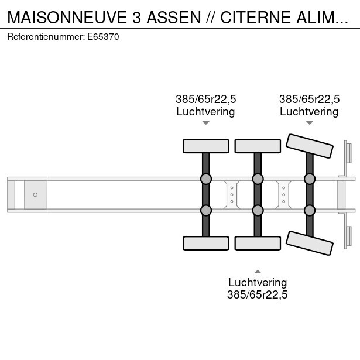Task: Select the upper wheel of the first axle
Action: click(x=205, y=146)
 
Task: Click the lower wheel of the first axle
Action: click(x=205, y=242)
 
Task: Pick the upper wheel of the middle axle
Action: click(x=258, y=146)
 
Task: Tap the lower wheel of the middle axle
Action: click(x=258, y=242)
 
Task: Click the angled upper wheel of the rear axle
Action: click(x=309, y=144)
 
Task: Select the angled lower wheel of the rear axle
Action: click(x=309, y=244)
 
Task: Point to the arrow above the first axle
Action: click(x=205, y=123)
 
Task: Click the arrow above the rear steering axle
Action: click(x=309, y=123)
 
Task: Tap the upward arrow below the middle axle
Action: click(x=258, y=271)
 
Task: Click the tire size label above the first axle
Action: click(x=205, y=99)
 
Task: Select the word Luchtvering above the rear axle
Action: click(x=309, y=111)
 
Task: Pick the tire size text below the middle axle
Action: click(x=258, y=295)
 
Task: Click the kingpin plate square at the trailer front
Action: click(x=35, y=194)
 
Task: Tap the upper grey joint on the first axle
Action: click(x=205, y=179)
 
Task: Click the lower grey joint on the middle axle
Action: click(x=258, y=210)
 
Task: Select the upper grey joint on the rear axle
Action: click(x=309, y=179)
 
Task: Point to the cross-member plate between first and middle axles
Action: click(x=232, y=194)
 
